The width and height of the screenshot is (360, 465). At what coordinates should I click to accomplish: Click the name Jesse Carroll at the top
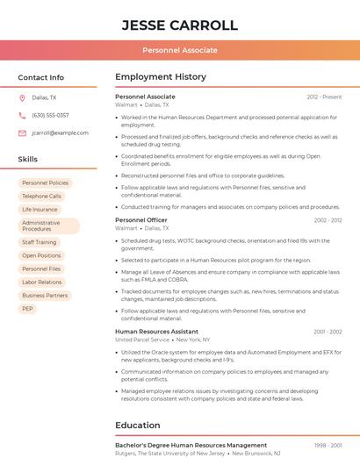point(179,25)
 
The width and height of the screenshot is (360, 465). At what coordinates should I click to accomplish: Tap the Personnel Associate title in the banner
point(179,50)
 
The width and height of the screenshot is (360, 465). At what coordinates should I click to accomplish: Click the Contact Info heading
point(40,77)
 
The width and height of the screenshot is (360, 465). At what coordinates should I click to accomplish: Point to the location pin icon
point(22,98)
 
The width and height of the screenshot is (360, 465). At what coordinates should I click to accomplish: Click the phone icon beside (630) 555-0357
point(22,115)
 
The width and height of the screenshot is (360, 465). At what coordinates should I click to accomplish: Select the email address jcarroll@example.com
point(60,132)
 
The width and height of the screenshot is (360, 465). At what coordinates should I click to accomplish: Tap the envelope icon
point(22,132)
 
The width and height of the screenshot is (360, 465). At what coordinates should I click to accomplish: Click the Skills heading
point(28,160)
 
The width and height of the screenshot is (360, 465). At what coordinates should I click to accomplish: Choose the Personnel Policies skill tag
point(45,182)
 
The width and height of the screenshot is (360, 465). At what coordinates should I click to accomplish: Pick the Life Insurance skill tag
point(40,210)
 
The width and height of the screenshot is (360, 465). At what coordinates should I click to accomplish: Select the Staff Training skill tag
point(40,242)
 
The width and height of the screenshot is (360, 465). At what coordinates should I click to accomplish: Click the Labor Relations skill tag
point(42,282)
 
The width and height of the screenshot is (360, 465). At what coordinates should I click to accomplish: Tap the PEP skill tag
point(27,309)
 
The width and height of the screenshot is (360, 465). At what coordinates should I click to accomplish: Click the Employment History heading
point(160,77)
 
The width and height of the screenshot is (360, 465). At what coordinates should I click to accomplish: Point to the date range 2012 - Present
point(324,97)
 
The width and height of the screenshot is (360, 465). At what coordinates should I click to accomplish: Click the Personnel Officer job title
point(140,220)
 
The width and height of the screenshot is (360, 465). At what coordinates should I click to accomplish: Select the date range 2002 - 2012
point(328,220)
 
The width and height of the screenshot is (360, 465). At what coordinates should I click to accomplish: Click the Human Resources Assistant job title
point(156,332)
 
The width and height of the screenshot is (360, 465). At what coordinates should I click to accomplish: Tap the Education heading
point(137,426)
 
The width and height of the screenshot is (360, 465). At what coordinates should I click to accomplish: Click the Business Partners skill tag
point(45,296)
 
